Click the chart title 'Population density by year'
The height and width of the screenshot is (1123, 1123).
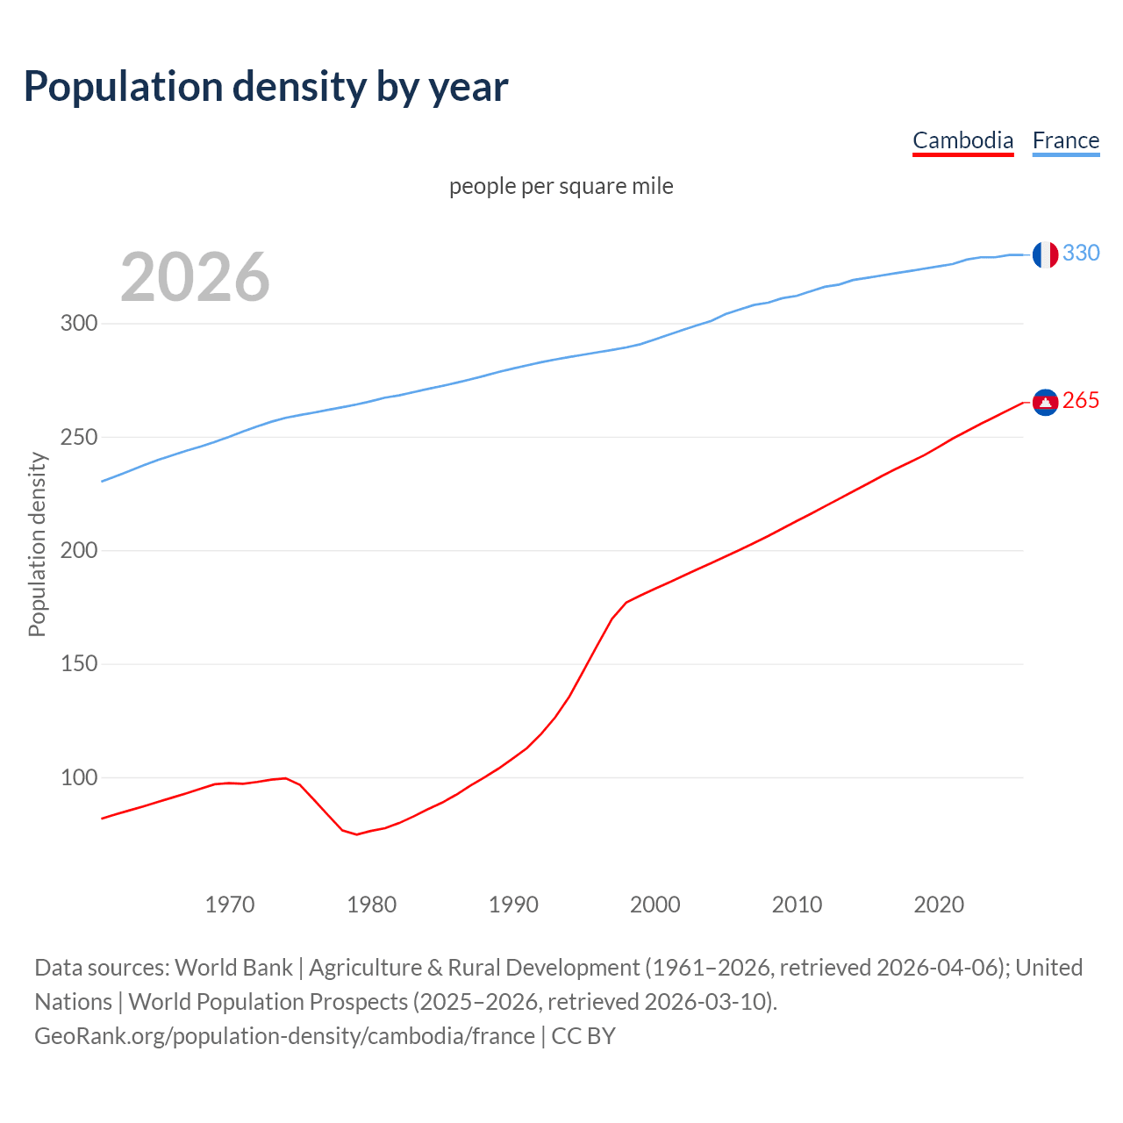(266, 86)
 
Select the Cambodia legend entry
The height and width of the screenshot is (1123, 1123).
(962, 140)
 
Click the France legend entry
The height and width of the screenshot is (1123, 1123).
(1065, 140)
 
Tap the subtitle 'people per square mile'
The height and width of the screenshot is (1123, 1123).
(561, 186)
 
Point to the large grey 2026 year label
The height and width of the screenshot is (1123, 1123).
(195, 277)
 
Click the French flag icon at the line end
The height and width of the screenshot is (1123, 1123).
(1045, 254)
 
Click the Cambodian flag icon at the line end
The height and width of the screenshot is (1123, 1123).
(1045, 402)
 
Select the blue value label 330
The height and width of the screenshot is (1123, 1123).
(1081, 253)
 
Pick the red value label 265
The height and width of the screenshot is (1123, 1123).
(1081, 400)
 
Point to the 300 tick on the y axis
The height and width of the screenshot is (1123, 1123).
(79, 324)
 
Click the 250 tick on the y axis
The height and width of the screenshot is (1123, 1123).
(79, 437)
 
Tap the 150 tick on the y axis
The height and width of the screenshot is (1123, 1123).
(79, 664)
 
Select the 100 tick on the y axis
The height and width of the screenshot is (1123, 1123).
(79, 777)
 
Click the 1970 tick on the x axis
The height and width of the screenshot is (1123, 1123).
(230, 905)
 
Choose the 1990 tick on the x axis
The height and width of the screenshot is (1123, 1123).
(513, 905)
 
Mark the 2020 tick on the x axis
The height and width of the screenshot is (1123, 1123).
(939, 905)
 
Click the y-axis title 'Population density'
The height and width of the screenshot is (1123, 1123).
(37, 544)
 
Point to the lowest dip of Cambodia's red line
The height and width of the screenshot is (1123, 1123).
(356, 833)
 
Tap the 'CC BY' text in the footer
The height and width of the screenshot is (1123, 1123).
(583, 1036)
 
